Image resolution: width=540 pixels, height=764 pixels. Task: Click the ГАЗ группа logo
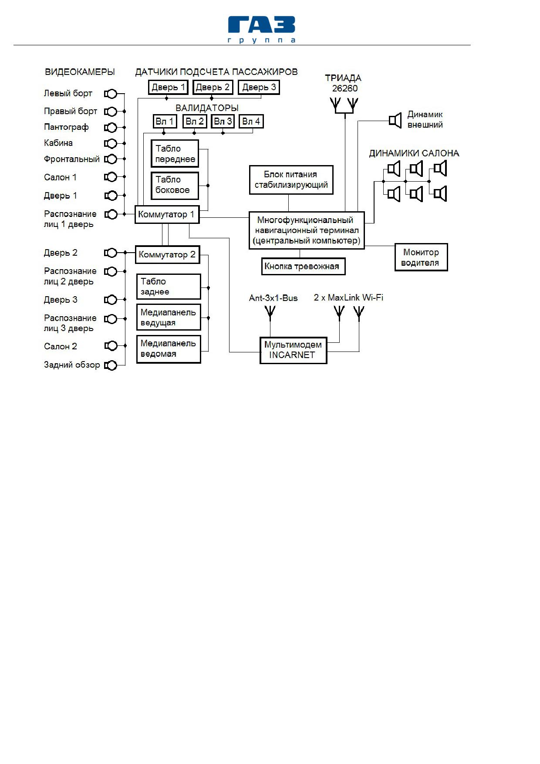(x=262, y=30)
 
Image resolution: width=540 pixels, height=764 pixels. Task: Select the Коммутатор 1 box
(x=167, y=214)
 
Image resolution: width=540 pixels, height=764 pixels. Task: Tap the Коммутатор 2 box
(x=168, y=254)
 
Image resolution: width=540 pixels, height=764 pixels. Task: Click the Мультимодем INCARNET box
(x=293, y=350)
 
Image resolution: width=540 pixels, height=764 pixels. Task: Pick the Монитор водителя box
(x=421, y=257)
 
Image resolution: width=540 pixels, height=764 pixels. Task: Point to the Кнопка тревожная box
(x=304, y=266)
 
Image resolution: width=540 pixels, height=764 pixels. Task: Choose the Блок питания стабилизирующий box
(x=291, y=179)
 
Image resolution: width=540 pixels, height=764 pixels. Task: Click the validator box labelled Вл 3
(x=223, y=121)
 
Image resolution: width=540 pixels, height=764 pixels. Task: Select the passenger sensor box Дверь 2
(x=213, y=87)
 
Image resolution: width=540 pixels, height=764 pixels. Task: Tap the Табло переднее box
(x=175, y=153)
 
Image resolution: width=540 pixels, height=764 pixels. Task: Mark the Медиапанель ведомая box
(x=169, y=349)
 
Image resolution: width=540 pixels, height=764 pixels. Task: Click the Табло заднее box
(x=169, y=286)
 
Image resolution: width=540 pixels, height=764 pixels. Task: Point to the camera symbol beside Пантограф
(x=111, y=128)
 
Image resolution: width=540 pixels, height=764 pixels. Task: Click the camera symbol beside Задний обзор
(x=111, y=365)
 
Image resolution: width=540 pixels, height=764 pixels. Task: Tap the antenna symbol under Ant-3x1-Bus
(x=270, y=312)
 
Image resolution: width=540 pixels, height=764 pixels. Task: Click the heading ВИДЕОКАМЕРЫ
(x=80, y=72)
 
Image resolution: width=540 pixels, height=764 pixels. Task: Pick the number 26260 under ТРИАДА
(x=344, y=88)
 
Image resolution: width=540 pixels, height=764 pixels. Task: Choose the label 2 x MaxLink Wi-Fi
(x=348, y=297)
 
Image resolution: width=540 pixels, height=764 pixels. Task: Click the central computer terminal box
(x=307, y=230)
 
